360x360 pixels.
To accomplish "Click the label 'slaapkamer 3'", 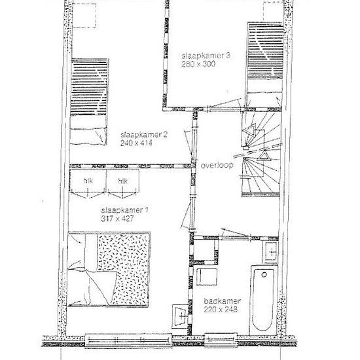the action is (x=206, y=56).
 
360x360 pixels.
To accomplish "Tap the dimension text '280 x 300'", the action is (x=198, y=64).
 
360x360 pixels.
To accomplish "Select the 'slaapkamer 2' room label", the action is (x=144, y=135).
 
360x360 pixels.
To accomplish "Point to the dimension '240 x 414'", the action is (x=136, y=143).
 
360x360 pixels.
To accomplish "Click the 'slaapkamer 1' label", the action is (x=124, y=210).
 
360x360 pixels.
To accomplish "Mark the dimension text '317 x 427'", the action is (x=117, y=219).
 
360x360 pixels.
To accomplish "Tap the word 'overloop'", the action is (x=217, y=166).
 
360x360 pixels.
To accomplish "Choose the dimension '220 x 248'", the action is (x=221, y=310).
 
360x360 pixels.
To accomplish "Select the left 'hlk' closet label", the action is (x=88, y=181).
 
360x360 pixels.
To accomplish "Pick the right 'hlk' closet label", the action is (x=122, y=181).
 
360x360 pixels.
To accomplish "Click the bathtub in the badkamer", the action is (x=263, y=300).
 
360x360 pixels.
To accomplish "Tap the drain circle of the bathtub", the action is (x=264, y=275).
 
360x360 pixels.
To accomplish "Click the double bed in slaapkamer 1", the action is (x=109, y=270).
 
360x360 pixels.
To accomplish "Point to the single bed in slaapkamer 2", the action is (x=89, y=101).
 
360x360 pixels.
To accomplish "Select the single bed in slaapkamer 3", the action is (x=264, y=65).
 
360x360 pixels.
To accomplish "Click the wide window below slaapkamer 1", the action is (x=128, y=341).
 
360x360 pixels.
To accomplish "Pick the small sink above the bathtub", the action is (x=270, y=253).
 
